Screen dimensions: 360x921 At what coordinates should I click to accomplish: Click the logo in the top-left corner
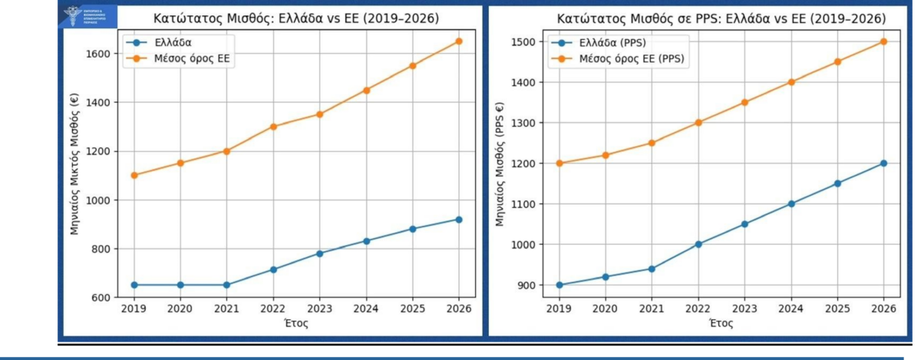click(x=87, y=17)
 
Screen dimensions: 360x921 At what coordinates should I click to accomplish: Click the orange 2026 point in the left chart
click(x=459, y=41)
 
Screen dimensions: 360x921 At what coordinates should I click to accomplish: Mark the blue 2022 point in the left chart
click(x=272, y=269)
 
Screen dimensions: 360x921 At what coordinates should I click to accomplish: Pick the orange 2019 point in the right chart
click(x=560, y=163)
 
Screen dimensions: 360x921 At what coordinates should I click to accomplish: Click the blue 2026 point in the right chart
click(x=883, y=163)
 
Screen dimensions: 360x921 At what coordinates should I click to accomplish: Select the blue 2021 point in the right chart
click(x=652, y=269)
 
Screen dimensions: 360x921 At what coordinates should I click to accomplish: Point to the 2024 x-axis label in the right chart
click(x=791, y=309)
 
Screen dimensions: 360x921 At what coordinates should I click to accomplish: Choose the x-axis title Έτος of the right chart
click(x=721, y=323)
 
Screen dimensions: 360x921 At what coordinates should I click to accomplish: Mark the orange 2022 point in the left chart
click(x=272, y=127)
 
